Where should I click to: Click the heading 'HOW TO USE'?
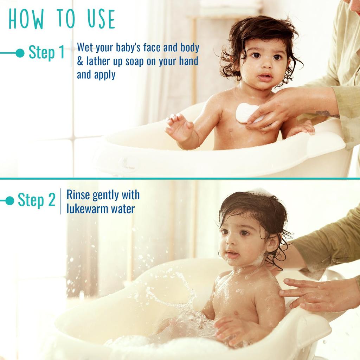click(x=62, y=19)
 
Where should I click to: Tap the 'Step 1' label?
click(x=46, y=53)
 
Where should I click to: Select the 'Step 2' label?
click(x=37, y=200)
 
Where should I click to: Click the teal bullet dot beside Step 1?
click(x=20, y=53)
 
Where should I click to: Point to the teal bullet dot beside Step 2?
click(x=10, y=201)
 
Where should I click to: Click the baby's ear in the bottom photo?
click(x=273, y=243)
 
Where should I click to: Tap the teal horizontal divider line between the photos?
click(x=180, y=179)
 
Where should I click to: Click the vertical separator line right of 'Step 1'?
click(x=71, y=53)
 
